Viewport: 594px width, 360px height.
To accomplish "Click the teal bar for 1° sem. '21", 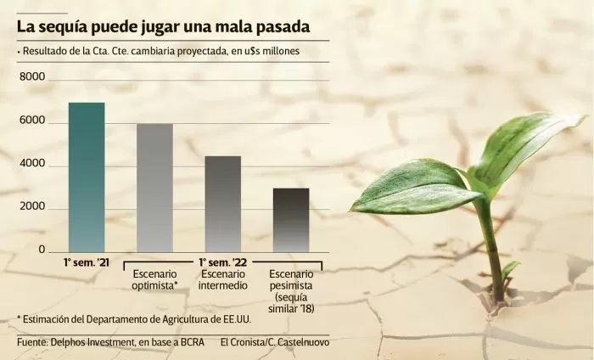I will click(x=87, y=177).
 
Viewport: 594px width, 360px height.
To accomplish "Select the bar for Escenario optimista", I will click(x=154, y=187).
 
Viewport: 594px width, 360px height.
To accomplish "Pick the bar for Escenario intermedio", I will click(x=222, y=204).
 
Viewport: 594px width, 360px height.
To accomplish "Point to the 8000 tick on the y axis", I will click(x=31, y=77).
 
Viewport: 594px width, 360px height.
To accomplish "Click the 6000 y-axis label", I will click(x=31, y=122).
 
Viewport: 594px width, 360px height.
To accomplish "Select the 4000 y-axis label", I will click(x=31, y=165).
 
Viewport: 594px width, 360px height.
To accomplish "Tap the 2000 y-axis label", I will click(x=31, y=208).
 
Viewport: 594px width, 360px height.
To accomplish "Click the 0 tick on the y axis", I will click(x=41, y=250).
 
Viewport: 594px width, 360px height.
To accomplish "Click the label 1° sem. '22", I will click(x=222, y=262).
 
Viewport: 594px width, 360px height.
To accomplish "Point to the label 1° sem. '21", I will click(x=87, y=262).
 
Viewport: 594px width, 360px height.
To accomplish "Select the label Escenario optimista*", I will click(x=154, y=280).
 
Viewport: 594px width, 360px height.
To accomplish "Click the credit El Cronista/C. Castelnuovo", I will click(x=274, y=342).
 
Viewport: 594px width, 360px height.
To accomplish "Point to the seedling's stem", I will click(x=490, y=246).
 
